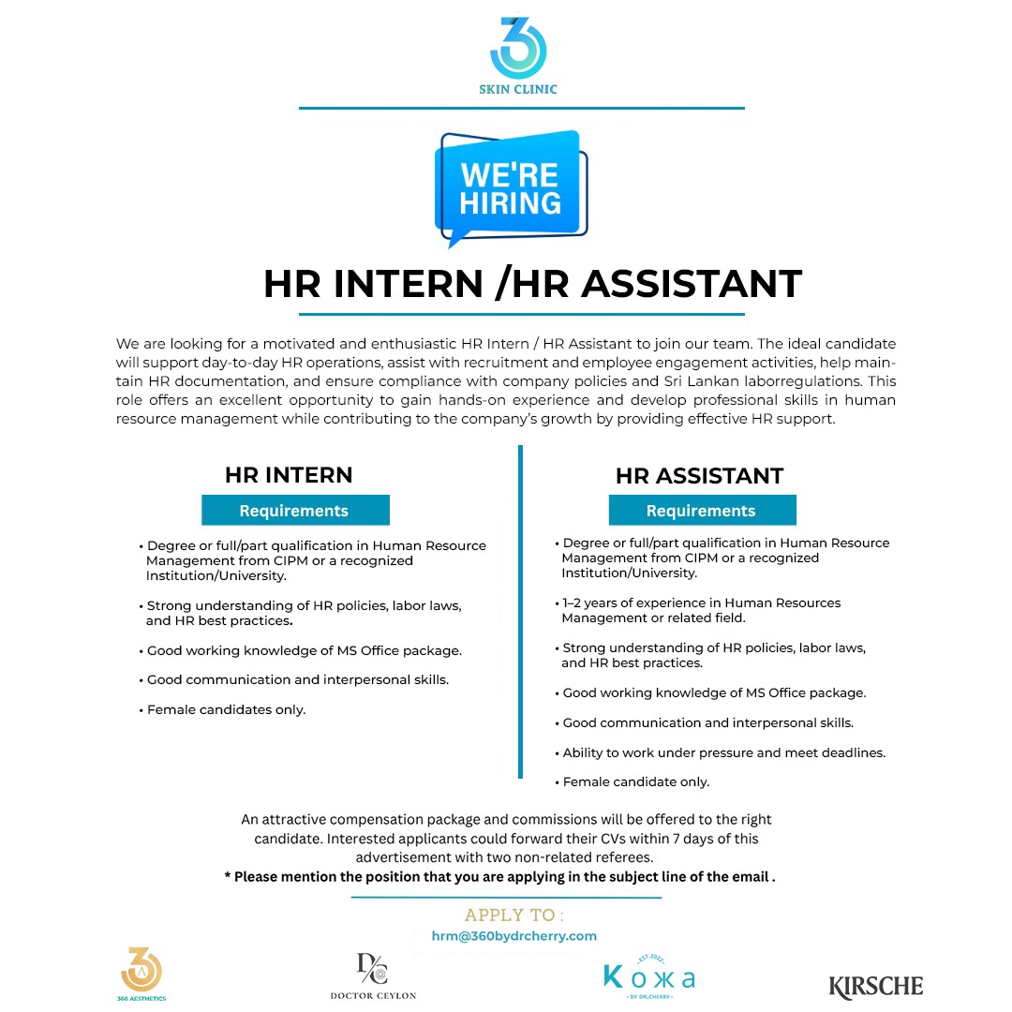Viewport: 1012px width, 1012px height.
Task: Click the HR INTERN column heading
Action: (x=289, y=475)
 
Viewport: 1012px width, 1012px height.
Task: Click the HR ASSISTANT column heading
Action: (x=699, y=476)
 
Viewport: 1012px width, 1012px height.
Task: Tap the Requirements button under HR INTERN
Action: (x=294, y=511)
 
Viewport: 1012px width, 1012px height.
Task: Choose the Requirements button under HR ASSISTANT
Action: (x=701, y=511)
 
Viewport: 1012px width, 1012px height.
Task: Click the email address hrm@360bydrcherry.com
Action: (x=513, y=936)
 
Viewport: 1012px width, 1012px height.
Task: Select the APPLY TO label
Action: (x=514, y=915)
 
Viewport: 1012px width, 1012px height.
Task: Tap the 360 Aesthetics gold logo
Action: (x=142, y=973)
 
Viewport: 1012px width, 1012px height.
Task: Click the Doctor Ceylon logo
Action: (x=373, y=975)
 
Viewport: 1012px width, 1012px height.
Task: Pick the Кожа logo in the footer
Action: (x=649, y=976)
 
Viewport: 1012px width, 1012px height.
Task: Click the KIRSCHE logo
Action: (x=876, y=986)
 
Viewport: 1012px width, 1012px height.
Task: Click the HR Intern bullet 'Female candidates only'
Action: (x=227, y=710)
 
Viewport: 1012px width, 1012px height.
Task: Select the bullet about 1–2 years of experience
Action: (x=701, y=610)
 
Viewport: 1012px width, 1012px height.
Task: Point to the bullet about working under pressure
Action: (x=723, y=752)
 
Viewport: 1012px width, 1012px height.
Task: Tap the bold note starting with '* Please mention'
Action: (x=500, y=878)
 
